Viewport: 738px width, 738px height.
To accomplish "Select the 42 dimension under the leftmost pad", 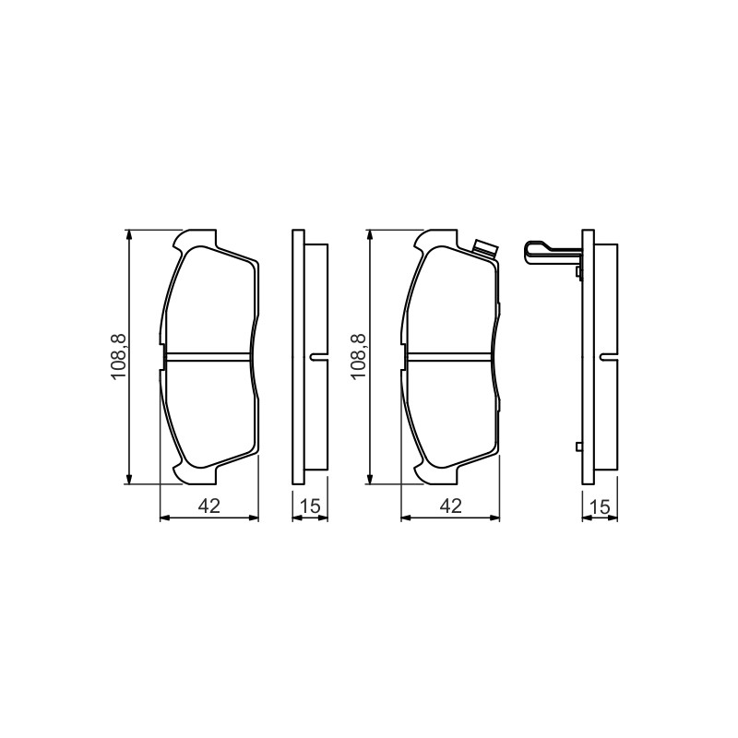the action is click(x=209, y=506).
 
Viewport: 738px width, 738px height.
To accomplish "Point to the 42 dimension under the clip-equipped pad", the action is click(x=450, y=506).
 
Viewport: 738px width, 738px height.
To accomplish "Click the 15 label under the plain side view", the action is click(x=310, y=506).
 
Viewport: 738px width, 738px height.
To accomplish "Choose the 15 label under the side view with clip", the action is click(x=599, y=506).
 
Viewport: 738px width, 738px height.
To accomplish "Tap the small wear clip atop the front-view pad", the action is click(x=485, y=249).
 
